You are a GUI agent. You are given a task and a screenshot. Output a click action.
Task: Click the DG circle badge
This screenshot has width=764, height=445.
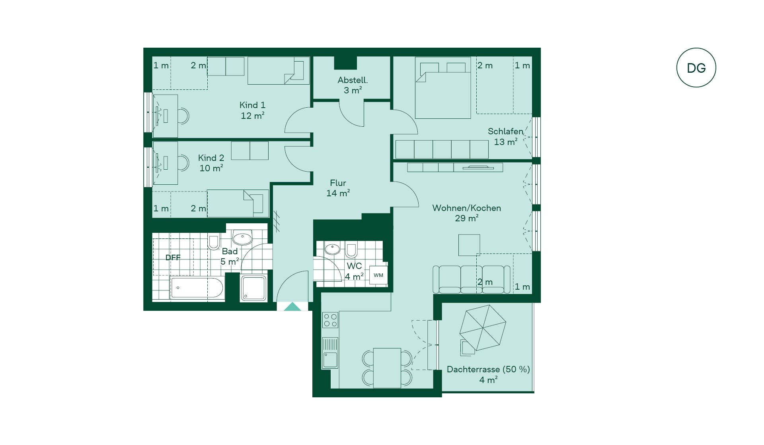696,68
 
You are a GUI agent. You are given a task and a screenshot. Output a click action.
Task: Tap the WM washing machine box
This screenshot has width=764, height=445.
378,275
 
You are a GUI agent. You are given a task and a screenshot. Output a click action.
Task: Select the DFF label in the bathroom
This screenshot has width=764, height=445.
173,257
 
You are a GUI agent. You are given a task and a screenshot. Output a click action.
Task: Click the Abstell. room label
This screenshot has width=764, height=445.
353,80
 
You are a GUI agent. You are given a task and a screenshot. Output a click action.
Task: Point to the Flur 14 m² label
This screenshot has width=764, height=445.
338,188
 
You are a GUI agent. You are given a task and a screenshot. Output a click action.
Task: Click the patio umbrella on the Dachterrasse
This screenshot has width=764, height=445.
483,328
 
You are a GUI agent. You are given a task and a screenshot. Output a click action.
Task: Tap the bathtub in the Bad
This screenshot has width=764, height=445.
197,288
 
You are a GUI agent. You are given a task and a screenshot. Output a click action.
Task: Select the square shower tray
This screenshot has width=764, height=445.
253,288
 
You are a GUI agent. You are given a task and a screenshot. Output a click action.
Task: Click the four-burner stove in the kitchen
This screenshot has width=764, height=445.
330,320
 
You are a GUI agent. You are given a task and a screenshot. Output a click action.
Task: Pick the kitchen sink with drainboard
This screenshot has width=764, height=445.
330,353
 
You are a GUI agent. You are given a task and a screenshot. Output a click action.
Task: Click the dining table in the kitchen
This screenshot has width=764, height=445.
387,368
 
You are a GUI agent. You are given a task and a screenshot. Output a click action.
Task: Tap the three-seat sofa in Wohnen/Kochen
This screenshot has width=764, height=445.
472,280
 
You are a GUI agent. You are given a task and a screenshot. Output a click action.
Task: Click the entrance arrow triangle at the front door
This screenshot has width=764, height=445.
292,306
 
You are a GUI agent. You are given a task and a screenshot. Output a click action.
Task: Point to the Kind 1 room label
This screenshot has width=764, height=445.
252,105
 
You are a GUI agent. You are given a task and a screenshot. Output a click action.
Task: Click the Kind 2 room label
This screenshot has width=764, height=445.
211,158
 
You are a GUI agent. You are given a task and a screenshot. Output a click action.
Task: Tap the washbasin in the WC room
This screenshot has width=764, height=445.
332,249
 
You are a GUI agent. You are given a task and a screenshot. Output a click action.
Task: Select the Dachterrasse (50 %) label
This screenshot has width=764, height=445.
488,369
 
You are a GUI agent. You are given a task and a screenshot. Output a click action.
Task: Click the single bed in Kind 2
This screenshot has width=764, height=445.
238,203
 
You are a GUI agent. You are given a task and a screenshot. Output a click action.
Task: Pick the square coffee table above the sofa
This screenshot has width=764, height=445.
469,245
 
